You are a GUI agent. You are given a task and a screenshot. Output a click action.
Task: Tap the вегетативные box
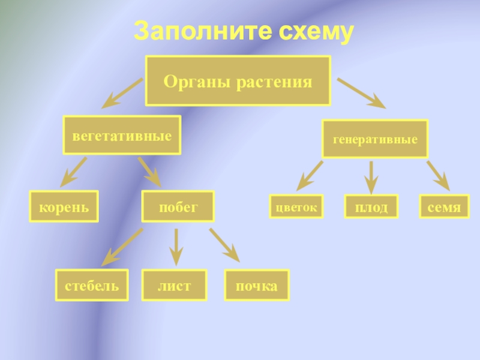[x=122, y=134]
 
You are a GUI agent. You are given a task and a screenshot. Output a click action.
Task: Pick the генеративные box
[x=375, y=139]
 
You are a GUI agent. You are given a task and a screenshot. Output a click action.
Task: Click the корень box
[x=64, y=207]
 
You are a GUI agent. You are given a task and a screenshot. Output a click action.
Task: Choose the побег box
[x=178, y=207]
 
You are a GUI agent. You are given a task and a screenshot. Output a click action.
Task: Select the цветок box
[x=296, y=206]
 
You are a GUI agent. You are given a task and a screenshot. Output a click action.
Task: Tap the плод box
[x=371, y=207]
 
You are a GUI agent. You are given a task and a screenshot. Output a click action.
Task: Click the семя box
[x=444, y=207]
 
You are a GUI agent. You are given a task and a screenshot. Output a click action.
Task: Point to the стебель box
[x=92, y=285]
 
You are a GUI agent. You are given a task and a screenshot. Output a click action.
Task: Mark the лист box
[x=174, y=285]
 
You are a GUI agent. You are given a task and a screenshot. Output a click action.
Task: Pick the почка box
[x=256, y=285]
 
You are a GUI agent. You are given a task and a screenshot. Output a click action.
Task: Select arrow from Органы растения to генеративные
[x=361, y=94]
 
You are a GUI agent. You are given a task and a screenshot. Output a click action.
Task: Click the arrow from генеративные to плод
[x=371, y=175]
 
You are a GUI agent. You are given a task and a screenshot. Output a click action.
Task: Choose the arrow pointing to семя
[x=438, y=175]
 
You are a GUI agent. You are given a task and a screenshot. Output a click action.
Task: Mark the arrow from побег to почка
[x=224, y=245]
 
